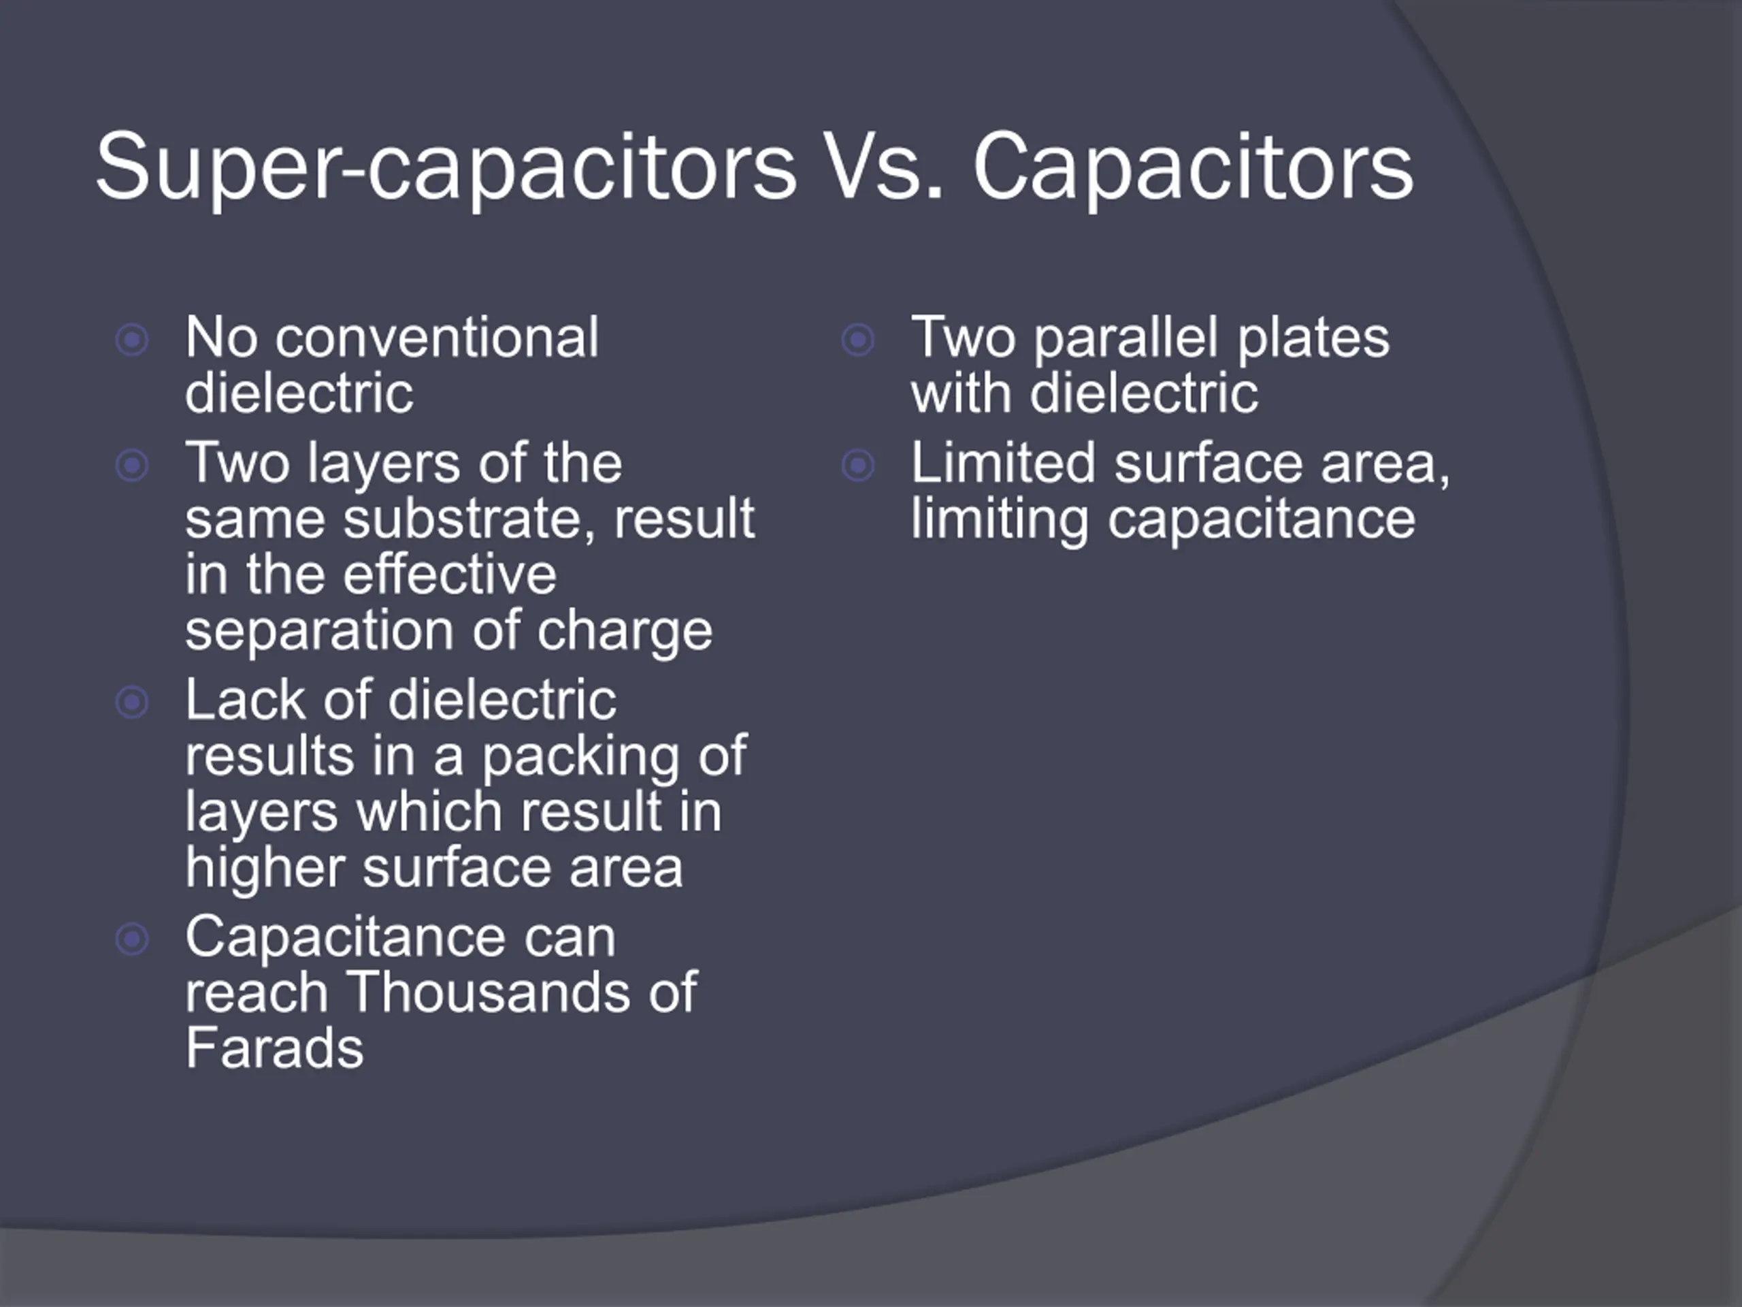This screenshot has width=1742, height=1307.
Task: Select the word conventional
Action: point(437,337)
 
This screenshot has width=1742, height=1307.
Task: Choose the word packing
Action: point(579,756)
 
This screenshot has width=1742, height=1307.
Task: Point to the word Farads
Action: point(275,1047)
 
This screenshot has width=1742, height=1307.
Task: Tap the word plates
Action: point(1313,338)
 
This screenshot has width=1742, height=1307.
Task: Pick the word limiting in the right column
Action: point(1000,520)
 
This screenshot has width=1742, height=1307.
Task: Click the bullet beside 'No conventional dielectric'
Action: point(132,340)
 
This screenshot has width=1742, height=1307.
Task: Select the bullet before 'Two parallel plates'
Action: point(858,340)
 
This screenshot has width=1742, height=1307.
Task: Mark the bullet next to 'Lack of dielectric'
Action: point(132,703)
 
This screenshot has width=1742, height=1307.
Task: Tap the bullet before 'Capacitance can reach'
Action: point(132,939)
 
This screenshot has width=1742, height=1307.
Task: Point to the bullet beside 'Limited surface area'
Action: point(858,466)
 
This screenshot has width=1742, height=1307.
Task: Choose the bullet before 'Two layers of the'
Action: point(132,466)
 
